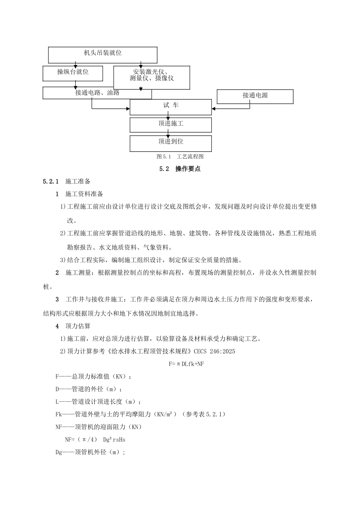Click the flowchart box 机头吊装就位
[x=103, y=55]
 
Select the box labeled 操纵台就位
[x=73, y=73]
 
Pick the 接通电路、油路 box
[x=97, y=93]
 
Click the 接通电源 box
[x=255, y=96]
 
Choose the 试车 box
[x=171, y=107]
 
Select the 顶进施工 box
[x=171, y=125]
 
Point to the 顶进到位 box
[x=171, y=143]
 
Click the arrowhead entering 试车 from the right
[x=214, y=109]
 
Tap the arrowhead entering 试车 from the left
[x=128, y=109]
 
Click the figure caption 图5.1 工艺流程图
[x=180, y=156]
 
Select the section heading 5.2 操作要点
[x=180, y=169]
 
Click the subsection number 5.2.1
[x=50, y=181]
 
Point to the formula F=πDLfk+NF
[x=186, y=364]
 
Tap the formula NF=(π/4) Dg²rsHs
[x=95, y=440]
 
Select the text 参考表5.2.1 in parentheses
[x=205, y=414]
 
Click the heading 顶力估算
[x=78, y=326]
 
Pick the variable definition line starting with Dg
[x=90, y=452]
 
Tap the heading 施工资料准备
[x=84, y=194]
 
